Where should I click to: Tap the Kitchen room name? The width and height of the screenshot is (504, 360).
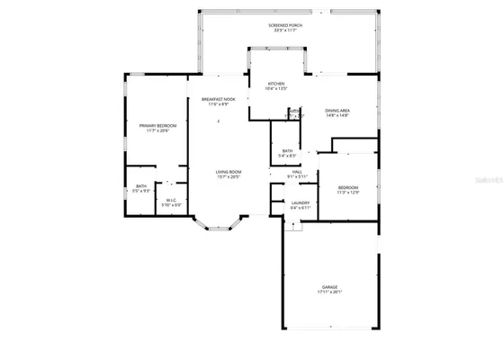[275, 84]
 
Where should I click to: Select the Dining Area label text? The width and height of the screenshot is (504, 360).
[337, 110]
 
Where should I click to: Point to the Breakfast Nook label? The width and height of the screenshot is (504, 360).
[218, 99]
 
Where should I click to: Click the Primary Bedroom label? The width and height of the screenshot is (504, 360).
[158, 126]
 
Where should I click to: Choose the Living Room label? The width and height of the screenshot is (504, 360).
[228, 171]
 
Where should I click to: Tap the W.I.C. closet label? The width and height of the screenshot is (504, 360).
[170, 200]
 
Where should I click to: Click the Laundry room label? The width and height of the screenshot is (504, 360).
[300, 202]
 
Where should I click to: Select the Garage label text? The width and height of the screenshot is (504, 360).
[330, 287]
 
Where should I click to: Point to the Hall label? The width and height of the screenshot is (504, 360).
[296, 171]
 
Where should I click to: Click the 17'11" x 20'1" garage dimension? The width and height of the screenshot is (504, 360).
[330, 292]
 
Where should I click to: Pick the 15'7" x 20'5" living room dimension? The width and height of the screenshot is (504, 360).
[228, 176]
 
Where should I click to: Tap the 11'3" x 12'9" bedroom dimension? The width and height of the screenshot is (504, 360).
[347, 193]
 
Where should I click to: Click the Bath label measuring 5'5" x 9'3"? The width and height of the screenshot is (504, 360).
[141, 186]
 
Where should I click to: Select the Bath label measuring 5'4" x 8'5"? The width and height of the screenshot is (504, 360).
[287, 151]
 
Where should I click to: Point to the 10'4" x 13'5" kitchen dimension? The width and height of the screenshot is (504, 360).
[275, 89]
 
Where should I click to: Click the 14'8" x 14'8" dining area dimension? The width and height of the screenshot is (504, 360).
[337, 115]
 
